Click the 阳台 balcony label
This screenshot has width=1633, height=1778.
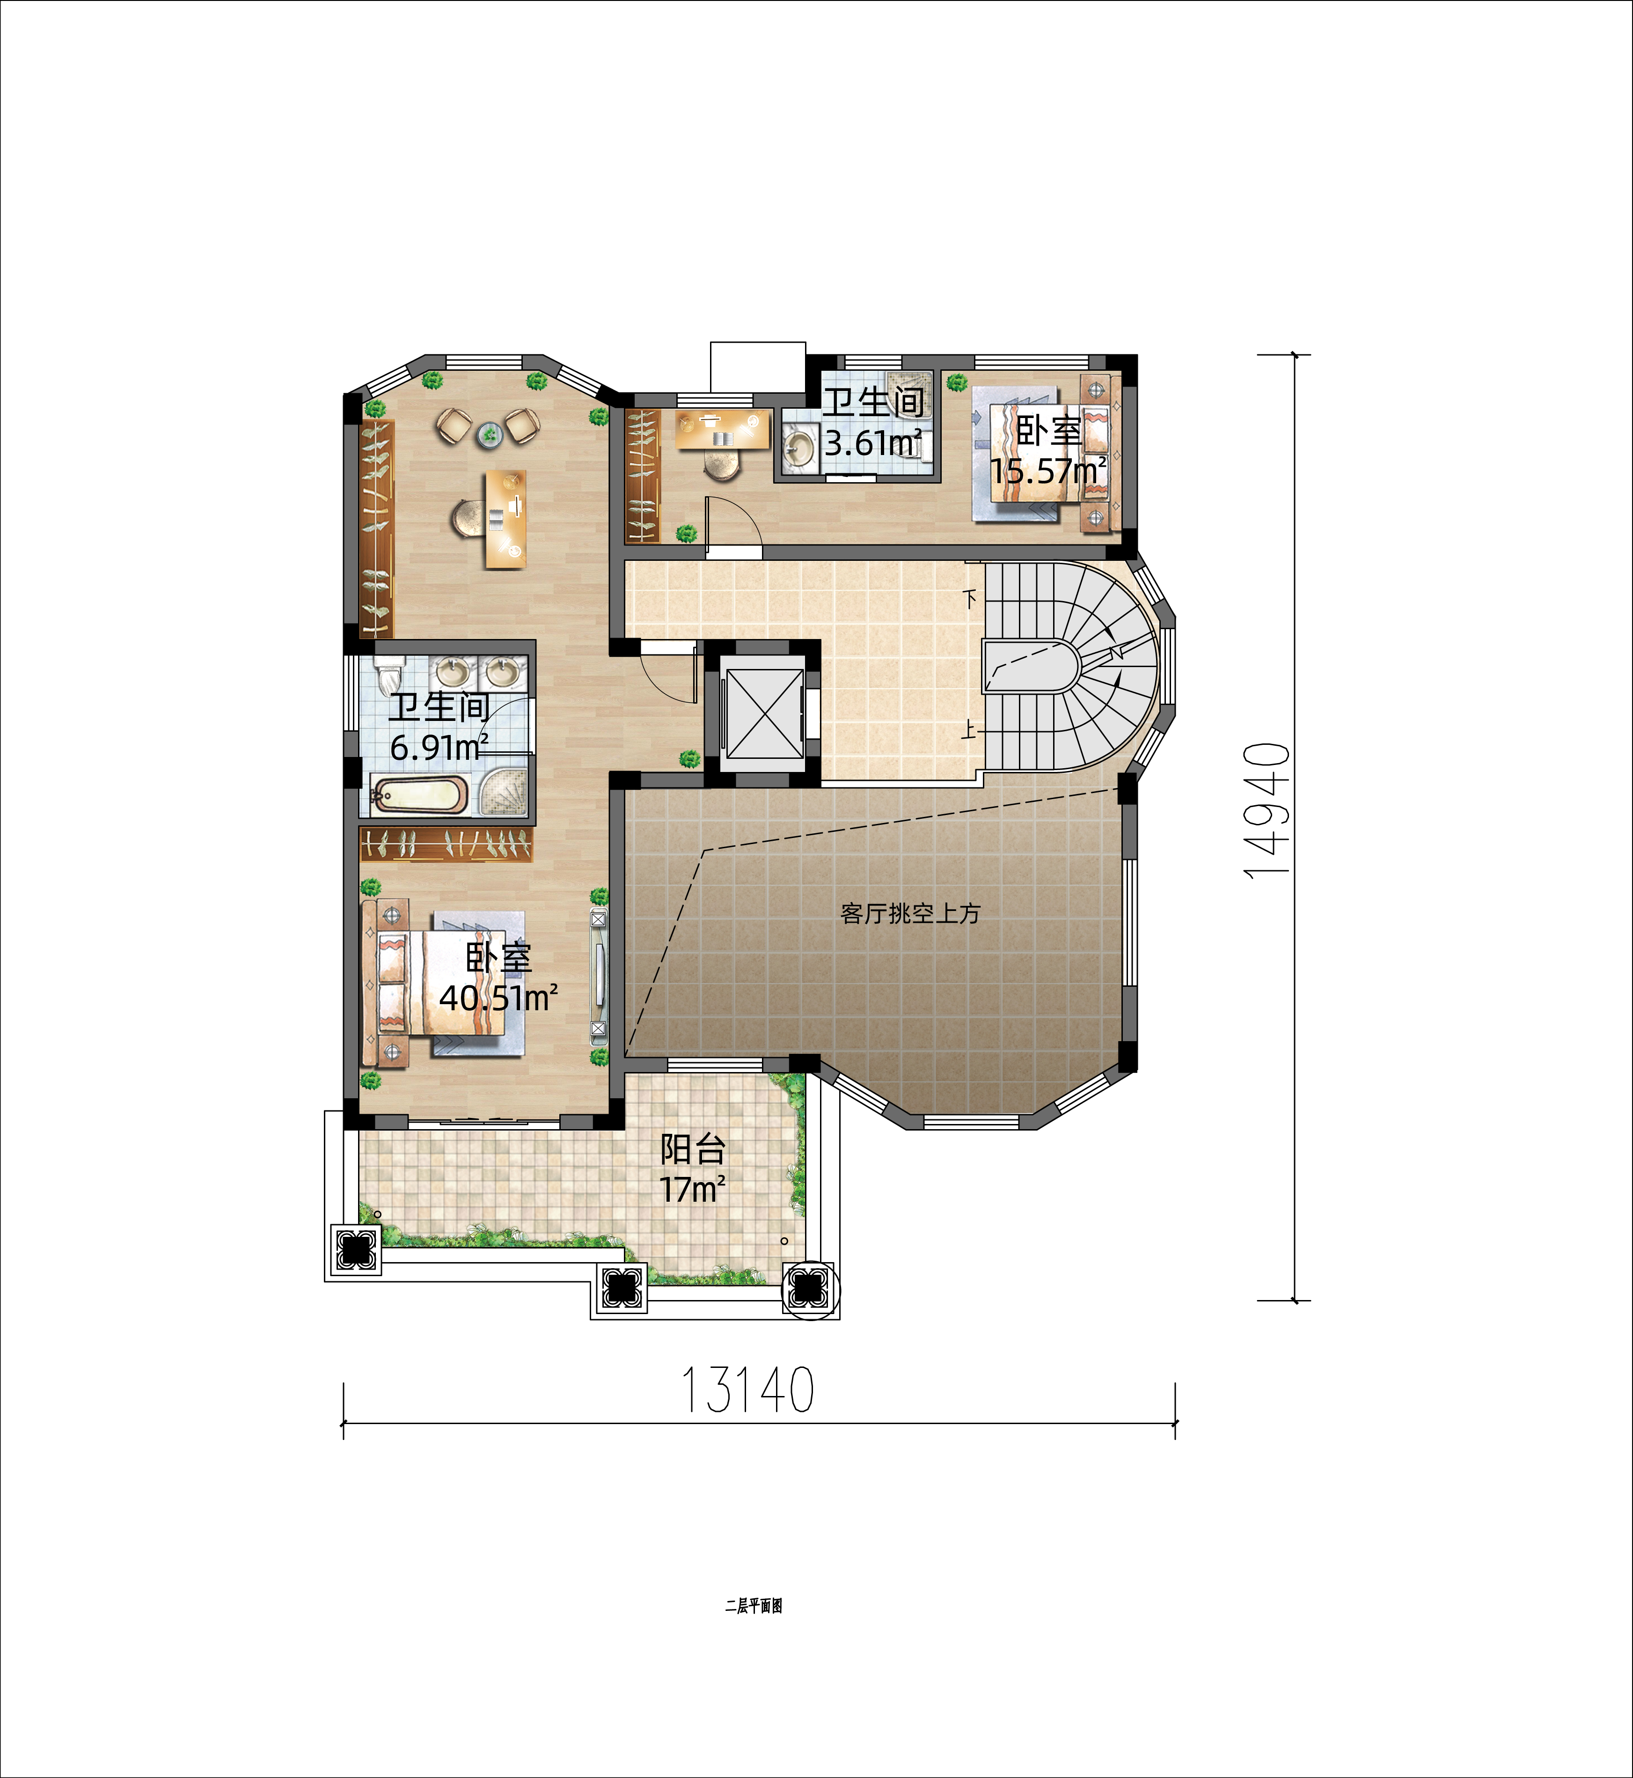(694, 1150)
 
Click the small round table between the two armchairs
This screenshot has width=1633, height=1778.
(489, 434)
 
